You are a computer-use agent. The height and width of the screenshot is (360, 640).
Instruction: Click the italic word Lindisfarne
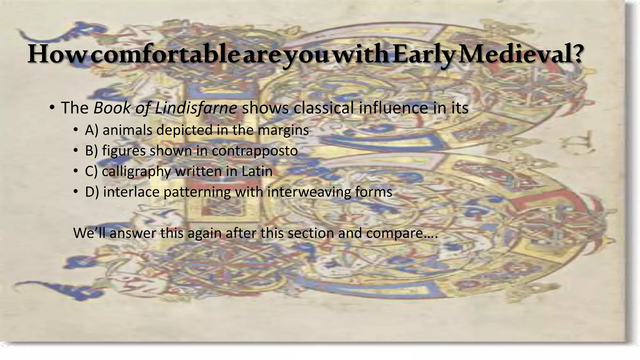pos(196,108)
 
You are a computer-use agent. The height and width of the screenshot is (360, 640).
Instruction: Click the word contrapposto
pos(255,151)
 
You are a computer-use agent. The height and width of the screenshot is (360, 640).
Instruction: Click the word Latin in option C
pos(257,171)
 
